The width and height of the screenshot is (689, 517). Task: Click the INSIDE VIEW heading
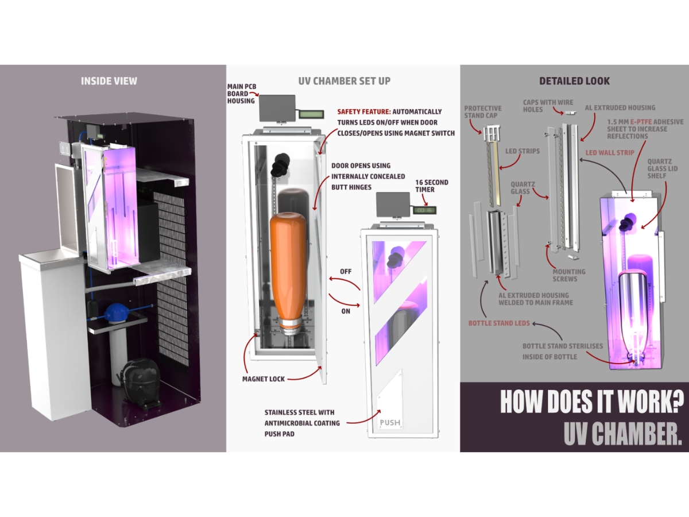(x=109, y=81)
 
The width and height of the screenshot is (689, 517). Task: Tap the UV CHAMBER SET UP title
(x=344, y=81)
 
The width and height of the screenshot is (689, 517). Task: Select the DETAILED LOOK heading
(x=574, y=81)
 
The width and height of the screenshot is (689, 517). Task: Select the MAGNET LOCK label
(x=264, y=379)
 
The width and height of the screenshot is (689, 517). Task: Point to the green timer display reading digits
(x=425, y=210)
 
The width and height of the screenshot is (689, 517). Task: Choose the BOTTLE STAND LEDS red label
(x=499, y=323)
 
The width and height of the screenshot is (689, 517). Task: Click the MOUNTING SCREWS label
(x=568, y=276)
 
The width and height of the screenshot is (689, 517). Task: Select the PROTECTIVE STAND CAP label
(x=483, y=112)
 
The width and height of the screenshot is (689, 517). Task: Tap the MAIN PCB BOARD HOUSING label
(x=241, y=94)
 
